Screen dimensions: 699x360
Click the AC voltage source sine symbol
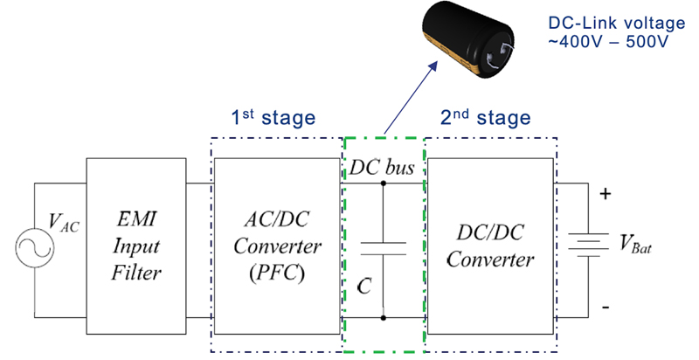(35, 247)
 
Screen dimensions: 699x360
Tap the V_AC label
(63, 221)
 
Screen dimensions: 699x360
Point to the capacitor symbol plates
(383, 249)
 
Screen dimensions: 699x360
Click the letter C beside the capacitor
(364, 286)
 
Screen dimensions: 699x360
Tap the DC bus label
(382, 168)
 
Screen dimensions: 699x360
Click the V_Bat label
(636, 244)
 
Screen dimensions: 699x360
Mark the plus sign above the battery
(605, 194)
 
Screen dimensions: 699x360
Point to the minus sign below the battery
(606, 307)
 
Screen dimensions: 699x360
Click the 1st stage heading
(273, 118)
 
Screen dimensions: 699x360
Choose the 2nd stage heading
(486, 118)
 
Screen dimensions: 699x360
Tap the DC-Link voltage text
(617, 24)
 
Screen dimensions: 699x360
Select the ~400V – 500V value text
(608, 41)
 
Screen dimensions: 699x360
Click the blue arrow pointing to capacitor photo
(410, 98)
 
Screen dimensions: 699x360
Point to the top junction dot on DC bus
(384, 183)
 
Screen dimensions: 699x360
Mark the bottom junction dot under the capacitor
(384, 318)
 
